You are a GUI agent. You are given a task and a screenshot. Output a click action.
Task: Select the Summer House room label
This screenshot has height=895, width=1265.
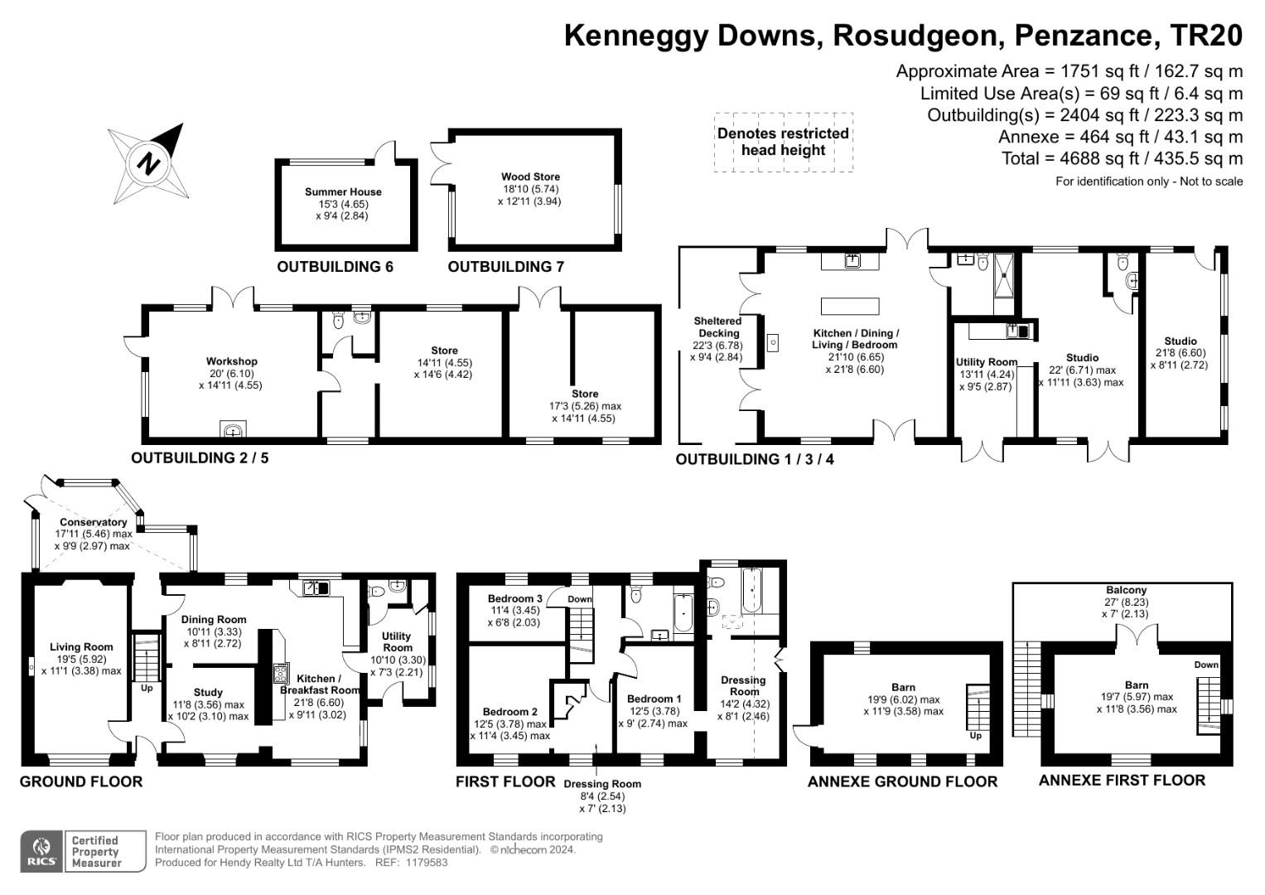point(343,191)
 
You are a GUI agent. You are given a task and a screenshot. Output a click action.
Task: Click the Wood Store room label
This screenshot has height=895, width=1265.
point(530,177)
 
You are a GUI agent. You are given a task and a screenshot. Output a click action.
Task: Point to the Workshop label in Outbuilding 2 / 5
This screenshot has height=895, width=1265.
point(231,361)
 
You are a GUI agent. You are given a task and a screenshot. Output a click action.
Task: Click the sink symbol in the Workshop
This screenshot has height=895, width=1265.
point(234,429)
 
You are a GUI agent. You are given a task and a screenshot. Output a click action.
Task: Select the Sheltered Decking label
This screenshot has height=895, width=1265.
point(717,327)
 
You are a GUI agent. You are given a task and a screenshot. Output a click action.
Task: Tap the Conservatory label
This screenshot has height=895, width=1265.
point(93,522)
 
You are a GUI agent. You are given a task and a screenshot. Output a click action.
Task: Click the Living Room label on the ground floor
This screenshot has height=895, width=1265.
point(81,647)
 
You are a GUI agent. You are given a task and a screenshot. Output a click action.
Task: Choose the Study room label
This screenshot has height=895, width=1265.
point(208,692)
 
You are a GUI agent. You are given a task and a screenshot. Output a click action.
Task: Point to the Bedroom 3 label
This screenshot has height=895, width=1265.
point(514,598)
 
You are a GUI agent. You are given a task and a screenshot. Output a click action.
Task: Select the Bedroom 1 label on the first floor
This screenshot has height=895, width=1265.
point(654,699)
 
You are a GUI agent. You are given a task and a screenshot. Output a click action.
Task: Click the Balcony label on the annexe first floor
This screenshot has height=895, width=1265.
point(1125,590)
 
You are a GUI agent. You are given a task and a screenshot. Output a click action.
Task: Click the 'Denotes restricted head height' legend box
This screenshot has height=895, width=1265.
point(783,142)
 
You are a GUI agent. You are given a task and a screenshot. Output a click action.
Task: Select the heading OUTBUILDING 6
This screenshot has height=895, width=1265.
point(335,267)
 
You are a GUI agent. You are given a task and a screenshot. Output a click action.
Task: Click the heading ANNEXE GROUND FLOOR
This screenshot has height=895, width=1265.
point(902,781)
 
